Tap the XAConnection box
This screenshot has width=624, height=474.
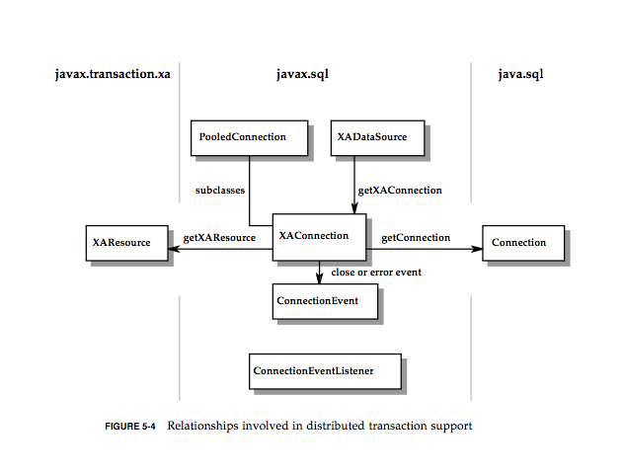[320, 237]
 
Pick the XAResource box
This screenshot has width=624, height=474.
[125, 242]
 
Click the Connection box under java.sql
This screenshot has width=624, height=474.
[523, 242]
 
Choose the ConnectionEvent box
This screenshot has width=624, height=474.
[323, 299]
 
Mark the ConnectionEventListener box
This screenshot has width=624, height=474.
[325, 371]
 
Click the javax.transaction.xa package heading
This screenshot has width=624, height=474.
[113, 74]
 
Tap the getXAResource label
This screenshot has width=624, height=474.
[219, 237]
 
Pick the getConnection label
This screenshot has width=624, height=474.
[416, 237]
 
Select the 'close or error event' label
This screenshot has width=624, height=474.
[376, 272]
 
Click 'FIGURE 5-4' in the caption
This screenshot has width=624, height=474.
[130, 428]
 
